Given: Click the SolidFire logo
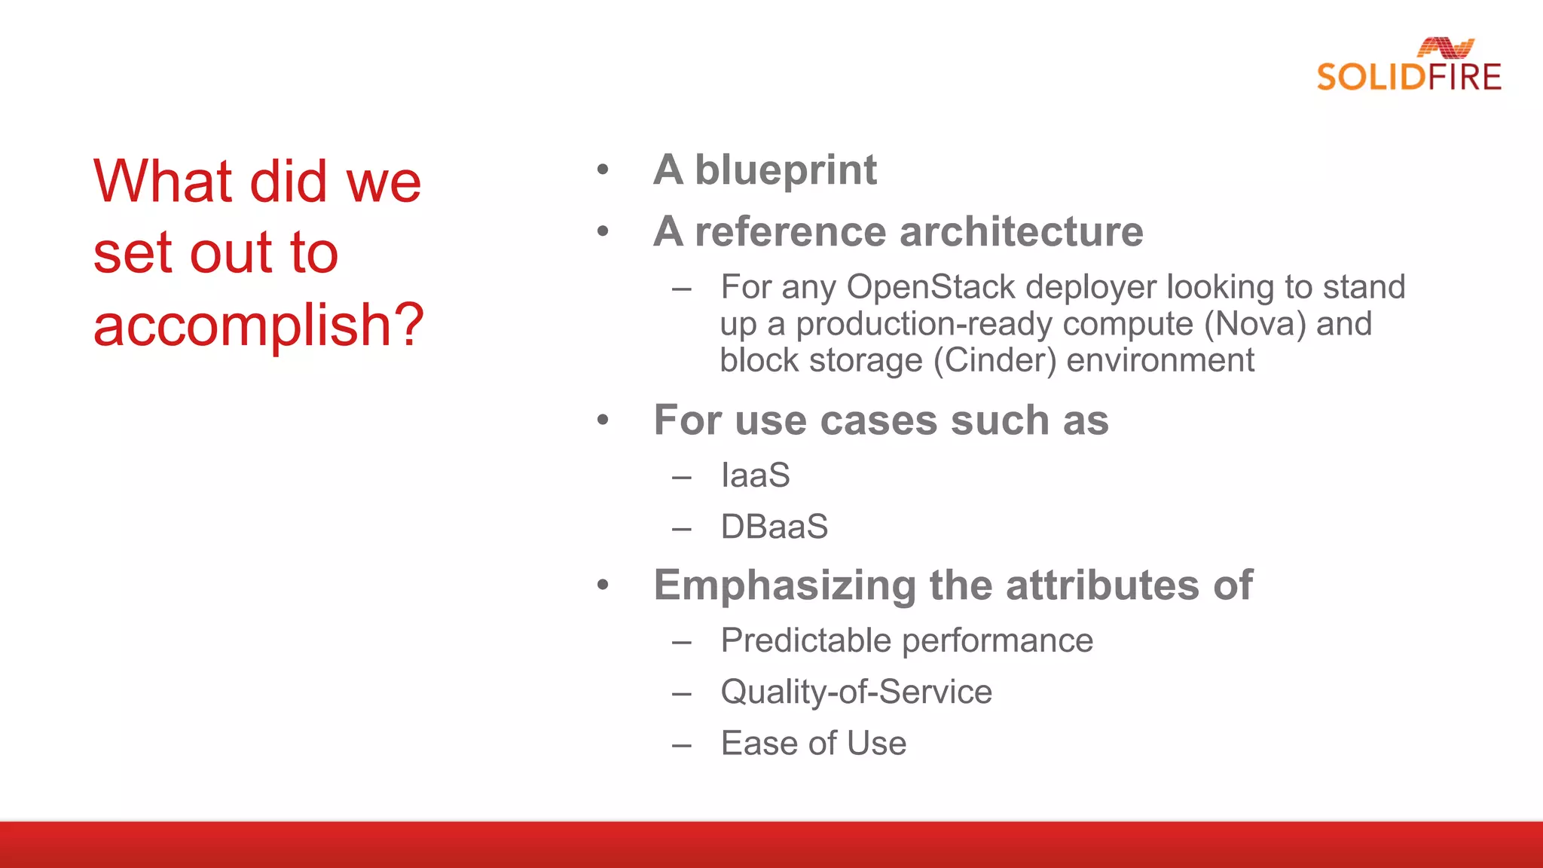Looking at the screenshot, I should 1408,66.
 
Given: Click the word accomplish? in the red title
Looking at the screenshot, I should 258,325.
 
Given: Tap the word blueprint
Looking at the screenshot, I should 785,170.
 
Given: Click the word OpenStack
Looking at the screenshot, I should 931,287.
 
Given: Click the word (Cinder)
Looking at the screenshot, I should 995,360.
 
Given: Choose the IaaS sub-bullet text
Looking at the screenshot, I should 755,475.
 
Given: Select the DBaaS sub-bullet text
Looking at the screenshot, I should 774,527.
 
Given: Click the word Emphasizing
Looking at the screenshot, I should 784,586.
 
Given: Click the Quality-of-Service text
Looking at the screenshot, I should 856,692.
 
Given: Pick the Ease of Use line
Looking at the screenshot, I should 813,744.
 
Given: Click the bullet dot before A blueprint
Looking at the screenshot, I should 603,170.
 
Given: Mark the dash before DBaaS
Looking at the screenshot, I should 682,530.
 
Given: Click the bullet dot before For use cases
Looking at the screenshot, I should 603,420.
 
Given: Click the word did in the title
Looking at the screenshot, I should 288,182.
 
